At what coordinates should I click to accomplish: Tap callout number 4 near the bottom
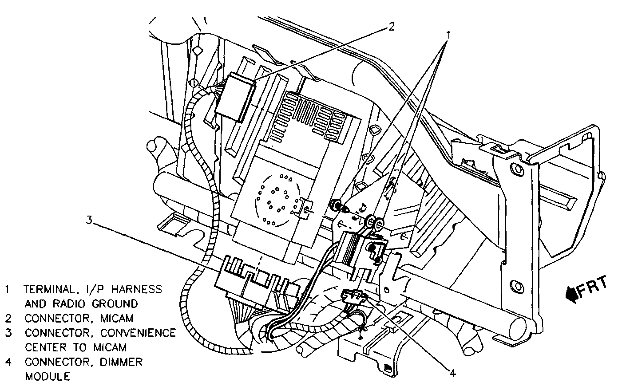pyautogui.click(x=452, y=373)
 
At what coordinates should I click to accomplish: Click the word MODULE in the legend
pyautogui.click(x=48, y=376)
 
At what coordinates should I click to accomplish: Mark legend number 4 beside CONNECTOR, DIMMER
pyautogui.click(x=8, y=362)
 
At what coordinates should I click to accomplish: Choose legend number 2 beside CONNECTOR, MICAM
pyautogui.click(x=8, y=318)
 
